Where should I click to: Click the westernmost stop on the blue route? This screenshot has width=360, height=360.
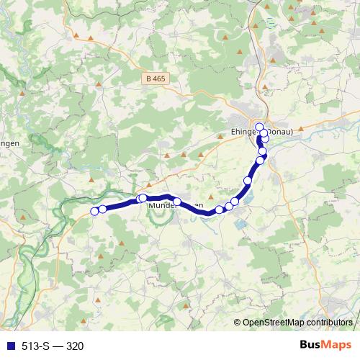94,211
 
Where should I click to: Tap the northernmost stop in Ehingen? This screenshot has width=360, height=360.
259,127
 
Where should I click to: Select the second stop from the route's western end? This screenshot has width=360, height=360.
102,209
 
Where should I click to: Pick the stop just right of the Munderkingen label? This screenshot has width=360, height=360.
177,202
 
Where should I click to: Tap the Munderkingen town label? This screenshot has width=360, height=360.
173,206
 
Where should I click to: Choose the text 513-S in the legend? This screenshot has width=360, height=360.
33,346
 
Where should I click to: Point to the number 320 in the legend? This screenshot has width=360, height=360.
75,346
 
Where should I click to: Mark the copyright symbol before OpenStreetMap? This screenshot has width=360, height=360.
238,323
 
